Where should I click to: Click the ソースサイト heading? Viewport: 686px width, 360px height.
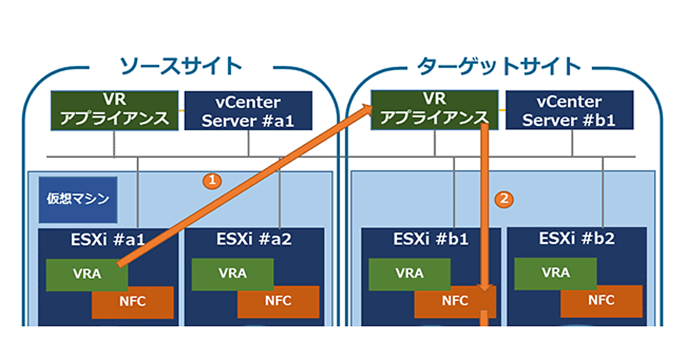coord(181,66)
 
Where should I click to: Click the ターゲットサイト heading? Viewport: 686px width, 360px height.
coord(499,66)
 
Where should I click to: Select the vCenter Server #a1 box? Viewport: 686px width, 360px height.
coord(248,111)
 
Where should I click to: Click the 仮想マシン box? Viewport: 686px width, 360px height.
coord(78,199)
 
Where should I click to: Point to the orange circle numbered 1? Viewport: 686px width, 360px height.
coord(212,181)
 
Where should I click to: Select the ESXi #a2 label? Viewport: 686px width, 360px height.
coord(254,239)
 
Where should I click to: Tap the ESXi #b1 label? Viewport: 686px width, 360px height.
coord(431,239)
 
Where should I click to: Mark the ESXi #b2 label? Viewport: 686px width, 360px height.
coord(577,239)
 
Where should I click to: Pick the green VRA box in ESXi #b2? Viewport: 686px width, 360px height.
coord(555,273)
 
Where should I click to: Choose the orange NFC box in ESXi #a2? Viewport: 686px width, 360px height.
coord(278,301)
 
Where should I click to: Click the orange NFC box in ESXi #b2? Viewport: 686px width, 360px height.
coord(601,301)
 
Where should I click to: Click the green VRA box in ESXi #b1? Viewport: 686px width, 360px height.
coord(409,274)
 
